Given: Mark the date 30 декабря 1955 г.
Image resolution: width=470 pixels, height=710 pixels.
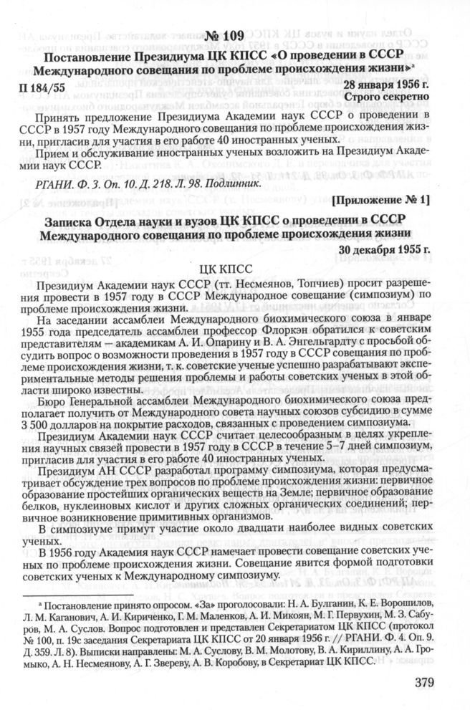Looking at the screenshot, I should (x=385, y=250).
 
